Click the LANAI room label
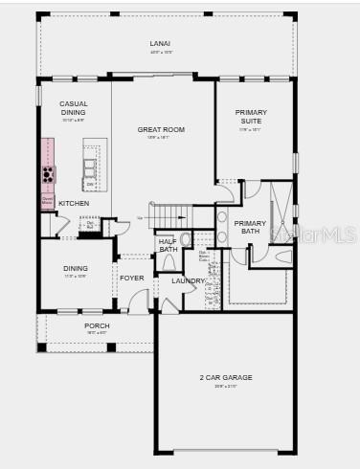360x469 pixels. click(x=160, y=43)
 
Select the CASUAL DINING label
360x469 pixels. click(x=74, y=107)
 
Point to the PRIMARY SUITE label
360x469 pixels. click(x=252, y=117)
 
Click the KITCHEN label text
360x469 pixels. click(x=74, y=203)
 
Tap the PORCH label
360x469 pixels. click(x=97, y=325)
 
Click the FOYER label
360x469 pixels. click(x=131, y=278)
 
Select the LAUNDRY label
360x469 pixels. click(x=188, y=280)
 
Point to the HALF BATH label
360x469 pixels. click(x=168, y=246)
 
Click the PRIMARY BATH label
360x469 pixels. click(x=249, y=227)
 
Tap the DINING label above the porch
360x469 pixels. click(x=75, y=268)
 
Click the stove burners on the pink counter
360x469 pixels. click(x=47, y=174)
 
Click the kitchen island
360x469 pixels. click(x=92, y=163)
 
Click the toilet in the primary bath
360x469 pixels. click(x=282, y=257)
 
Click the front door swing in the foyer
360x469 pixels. click(x=140, y=304)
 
